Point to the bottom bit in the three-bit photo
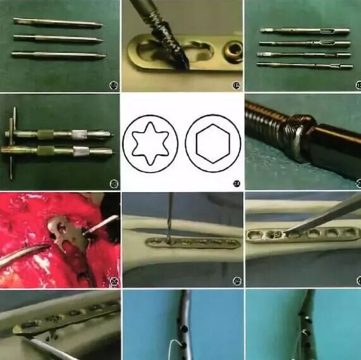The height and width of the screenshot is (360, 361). tap(58, 56)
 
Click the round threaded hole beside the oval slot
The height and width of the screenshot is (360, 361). tap(234, 51)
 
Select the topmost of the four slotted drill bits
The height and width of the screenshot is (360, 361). tap(305, 30)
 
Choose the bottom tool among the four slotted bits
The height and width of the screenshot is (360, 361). tap(305, 65)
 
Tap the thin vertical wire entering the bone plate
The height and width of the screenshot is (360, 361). tap(169, 215)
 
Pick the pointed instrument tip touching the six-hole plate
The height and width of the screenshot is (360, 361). tap(288, 231)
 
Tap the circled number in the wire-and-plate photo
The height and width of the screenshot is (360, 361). tap(236, 280)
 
